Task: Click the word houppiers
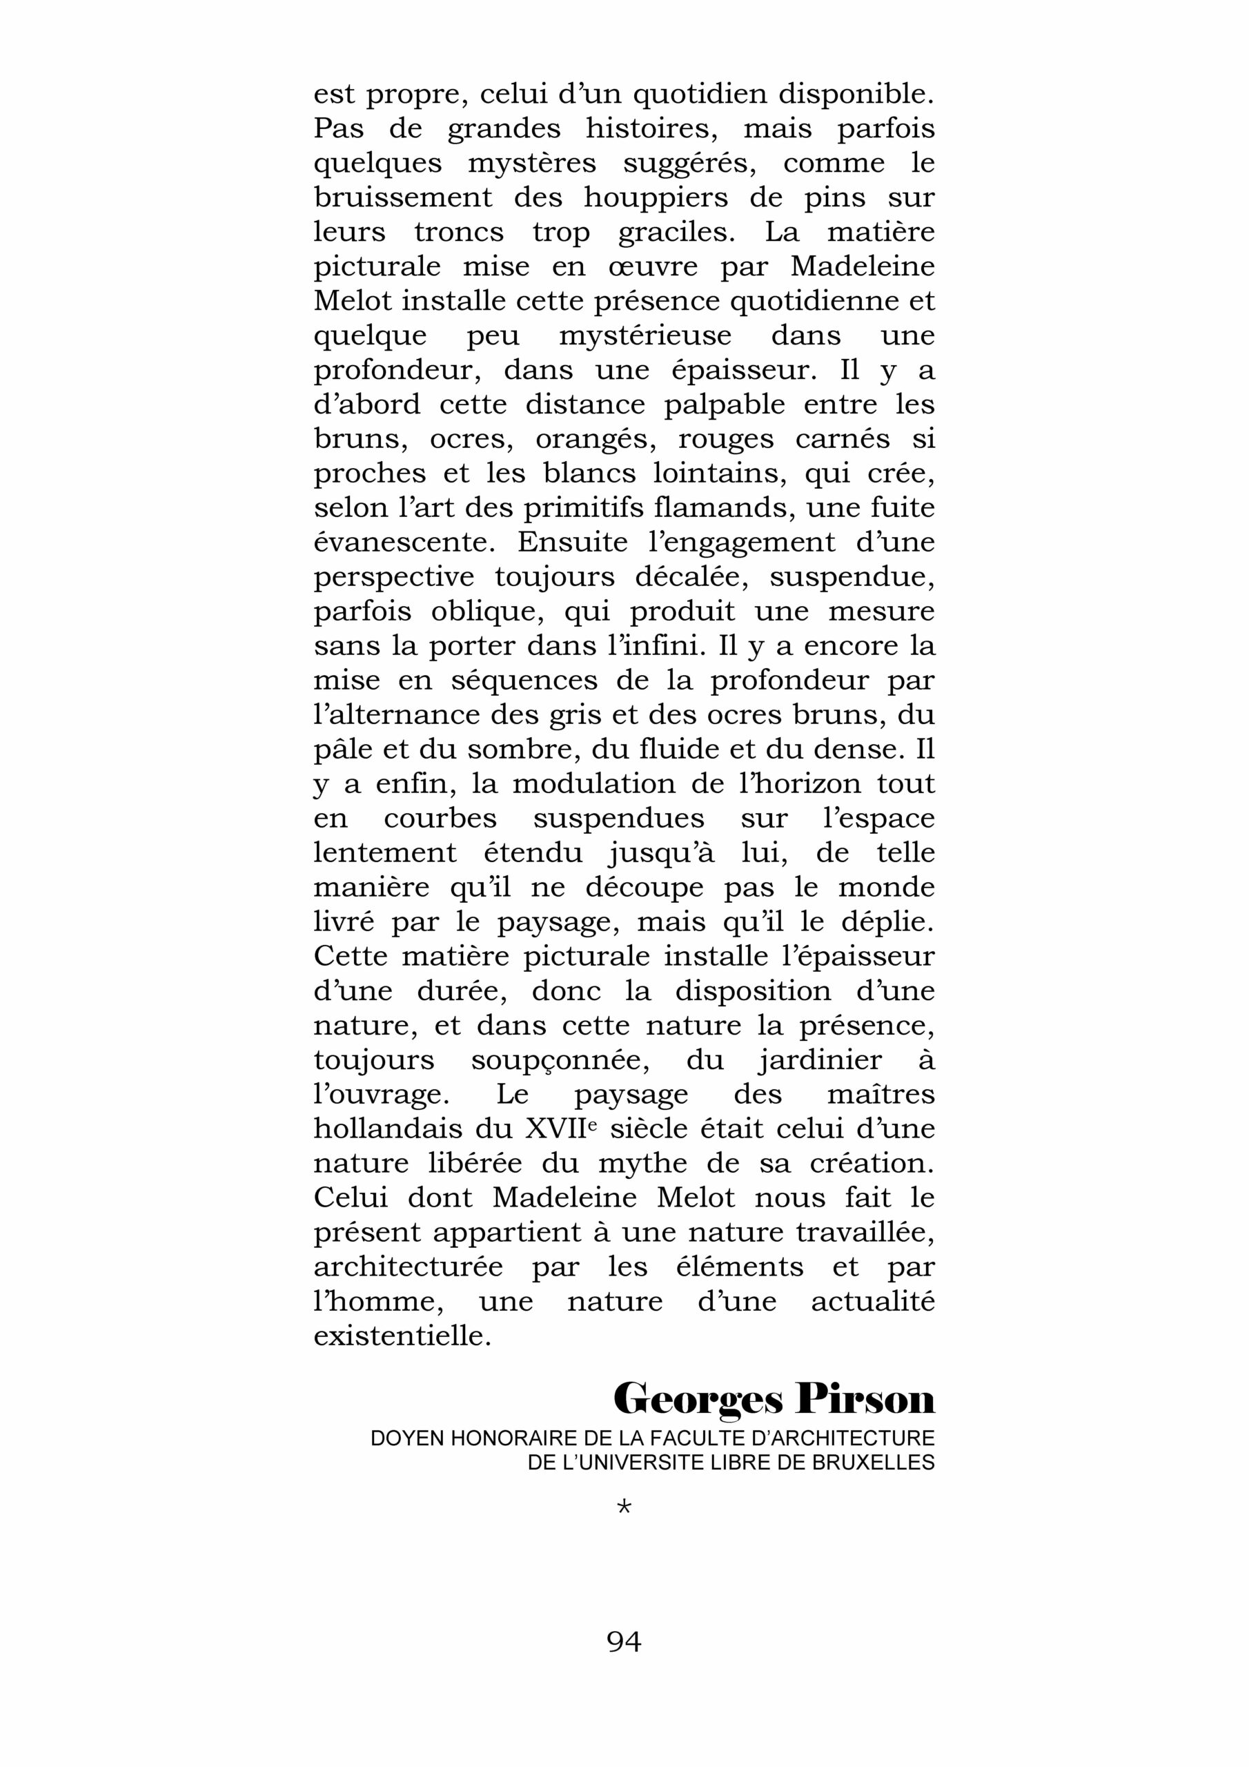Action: tap(656, 199)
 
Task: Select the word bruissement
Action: tap(402, 199)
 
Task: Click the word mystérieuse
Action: tap(645, 337)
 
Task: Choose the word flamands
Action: tap(716, 509)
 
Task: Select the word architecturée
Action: tap(408, 1267)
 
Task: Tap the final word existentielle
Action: tap(402, 1336)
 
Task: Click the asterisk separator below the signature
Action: tap(624, 1507)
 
